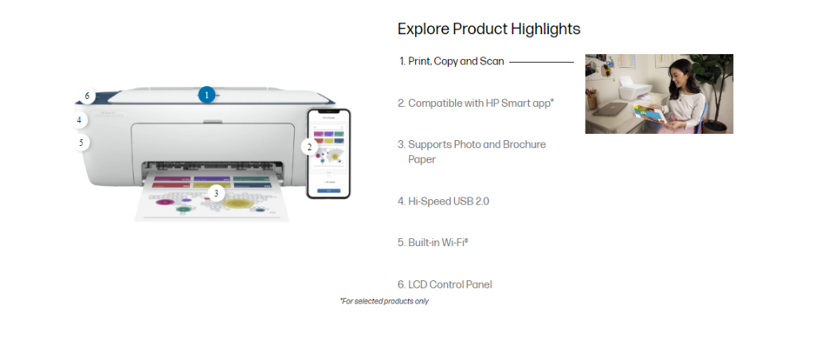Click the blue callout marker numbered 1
point(206,95)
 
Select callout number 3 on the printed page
point(215,193)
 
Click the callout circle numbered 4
point(79,120)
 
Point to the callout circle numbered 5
point(80,143)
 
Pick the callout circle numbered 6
point(87,96)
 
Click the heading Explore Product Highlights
point(488,29)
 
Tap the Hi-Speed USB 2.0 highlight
point(448,202)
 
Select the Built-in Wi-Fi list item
point(437,242)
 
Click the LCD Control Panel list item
point(449,284)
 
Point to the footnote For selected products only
point(384,301)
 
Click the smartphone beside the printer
point(328,153)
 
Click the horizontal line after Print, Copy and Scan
point(541,61)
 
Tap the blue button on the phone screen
point(328,190)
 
